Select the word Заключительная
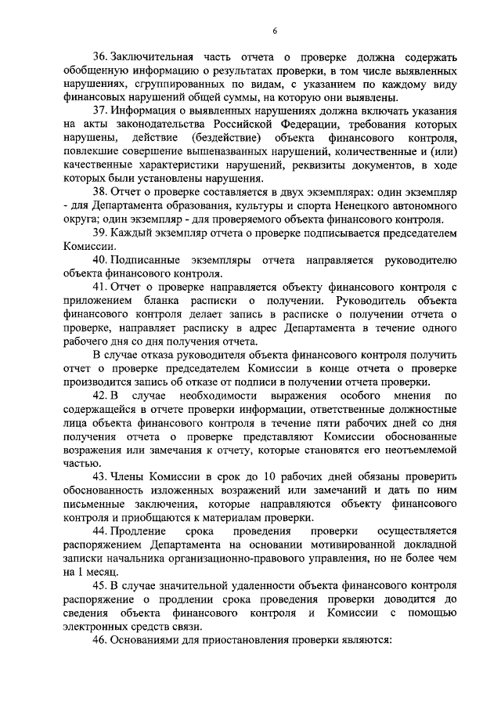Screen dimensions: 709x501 click(x=153, y=58)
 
